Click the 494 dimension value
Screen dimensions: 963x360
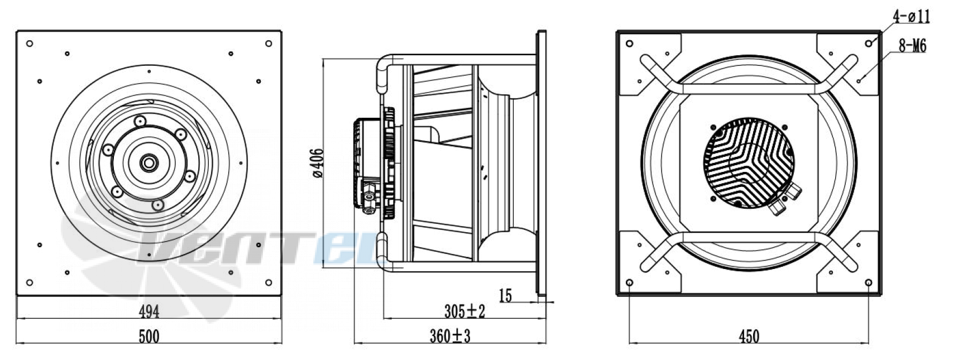pyautogui.click(x=149, y=311)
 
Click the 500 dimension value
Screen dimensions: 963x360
pyautogui.click(x=149, y=336)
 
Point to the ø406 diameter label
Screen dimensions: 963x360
pyautogui.click(x=318, y=163)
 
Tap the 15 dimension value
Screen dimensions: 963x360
pyautogui.click(x=505, y=295)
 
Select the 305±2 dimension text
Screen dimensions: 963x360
pyautogui.click(x=464, y=311)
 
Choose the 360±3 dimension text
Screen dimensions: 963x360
pyautogui.click(x=451, y=336)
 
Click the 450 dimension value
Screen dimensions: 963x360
pyautogui.click(x=749, y=336)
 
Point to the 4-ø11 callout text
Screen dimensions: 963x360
pyautogui.click(x=911, y=17)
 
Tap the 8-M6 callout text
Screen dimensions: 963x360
pyautogui.click(x=912, y=46)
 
